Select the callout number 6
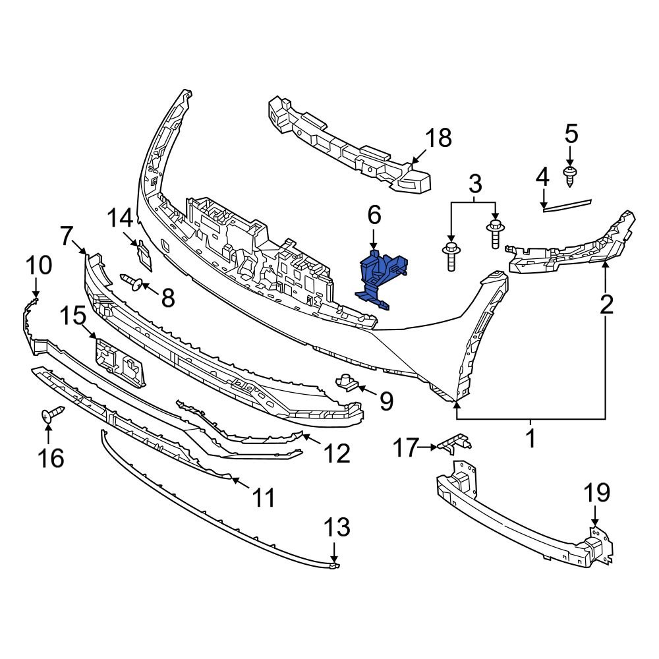(x=374, y=215)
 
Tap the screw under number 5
(x=569, y=174)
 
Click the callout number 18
(x=438, y=138)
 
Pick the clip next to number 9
(x=347, y=382)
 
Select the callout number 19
(x=596, y=492)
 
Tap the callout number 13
(x=336, y=527)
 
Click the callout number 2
(x=606, y=304)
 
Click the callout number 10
(x=39, y=266)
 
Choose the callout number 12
(x=337, y=453)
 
